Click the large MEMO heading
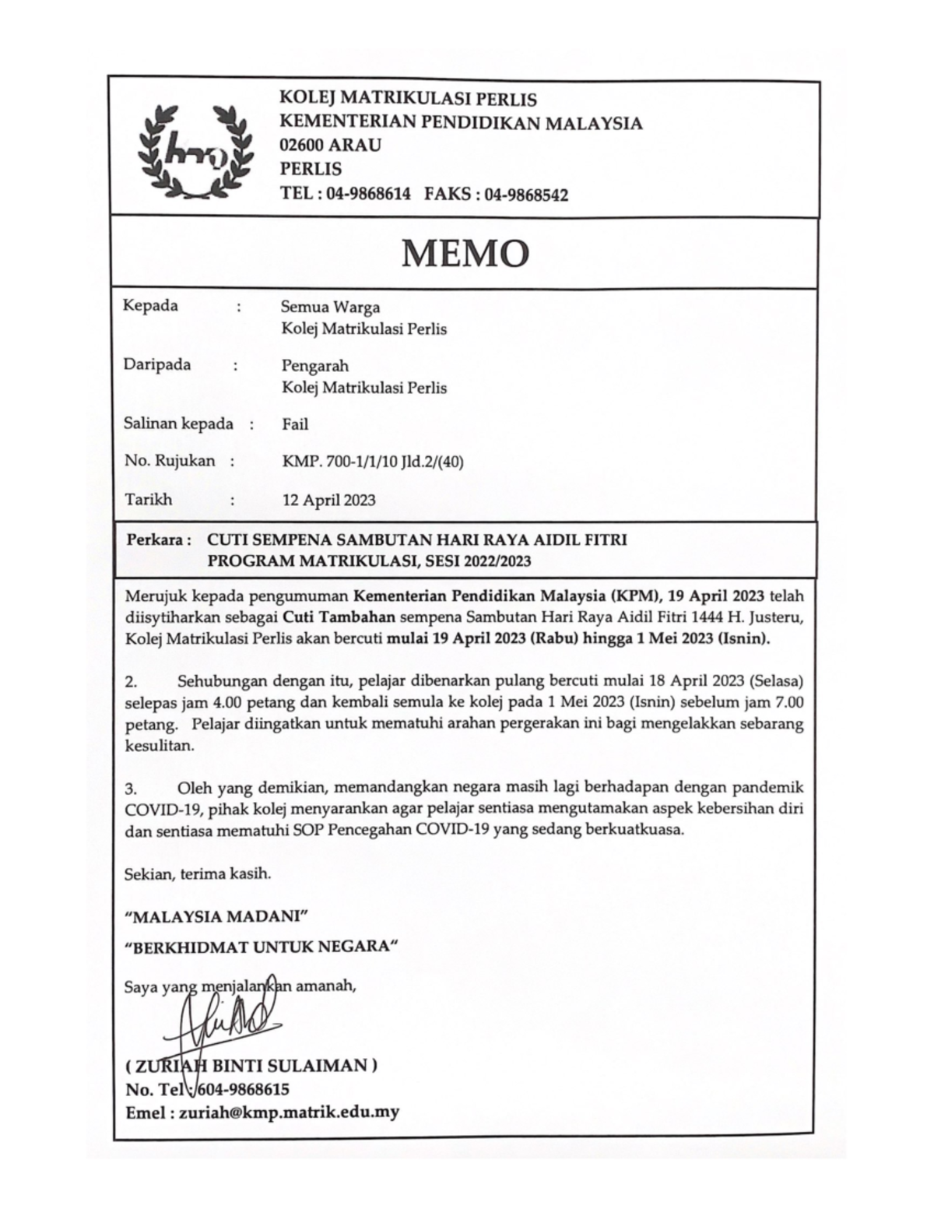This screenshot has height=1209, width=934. (465, 253)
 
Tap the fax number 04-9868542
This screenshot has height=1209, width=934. (526, 195)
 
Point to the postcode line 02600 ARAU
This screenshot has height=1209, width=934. (331, 145)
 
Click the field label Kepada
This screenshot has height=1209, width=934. (150, 305)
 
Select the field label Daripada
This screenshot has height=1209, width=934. (156, 364)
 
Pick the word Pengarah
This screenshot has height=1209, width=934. (315, 366)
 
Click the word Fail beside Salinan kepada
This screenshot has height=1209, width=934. (295, 424)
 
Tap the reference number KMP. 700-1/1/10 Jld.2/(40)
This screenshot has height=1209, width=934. (373, 462)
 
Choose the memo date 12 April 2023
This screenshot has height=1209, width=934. (328, 500)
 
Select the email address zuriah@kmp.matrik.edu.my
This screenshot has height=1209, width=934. (289, 1112)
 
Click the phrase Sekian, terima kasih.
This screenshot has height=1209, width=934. (198, 873)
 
